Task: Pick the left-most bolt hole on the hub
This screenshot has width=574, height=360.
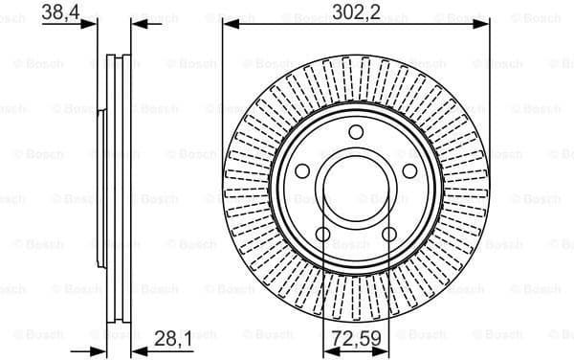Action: (301, 171)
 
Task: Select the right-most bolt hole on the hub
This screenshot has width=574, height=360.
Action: (409, 169)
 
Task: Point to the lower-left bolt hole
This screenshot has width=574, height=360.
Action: (323, 234)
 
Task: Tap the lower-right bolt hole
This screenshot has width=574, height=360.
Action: (389, 234)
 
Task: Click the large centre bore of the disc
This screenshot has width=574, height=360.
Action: (355, 189)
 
